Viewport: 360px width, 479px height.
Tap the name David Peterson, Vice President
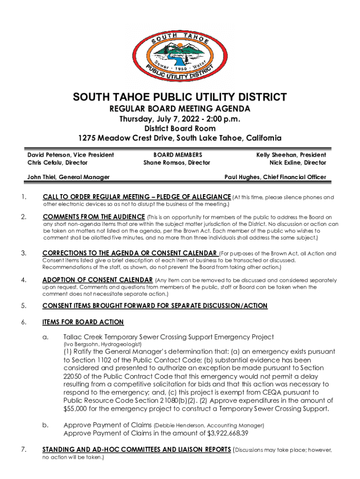(71, 154)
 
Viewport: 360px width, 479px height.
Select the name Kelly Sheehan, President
(291, 154)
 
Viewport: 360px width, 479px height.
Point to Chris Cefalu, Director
(57, 163)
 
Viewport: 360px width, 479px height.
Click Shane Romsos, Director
(177, 163)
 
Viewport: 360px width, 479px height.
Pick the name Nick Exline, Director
(297, 163)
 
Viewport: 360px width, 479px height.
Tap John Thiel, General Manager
(68, 177)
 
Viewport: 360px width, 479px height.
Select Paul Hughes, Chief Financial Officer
(275, 177)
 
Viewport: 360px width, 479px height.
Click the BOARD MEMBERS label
(178, 154)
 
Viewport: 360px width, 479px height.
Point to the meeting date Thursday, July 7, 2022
(159, 119)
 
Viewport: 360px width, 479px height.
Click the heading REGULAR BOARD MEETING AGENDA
(180, 109)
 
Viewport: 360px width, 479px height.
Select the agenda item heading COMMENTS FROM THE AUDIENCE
(94, 217)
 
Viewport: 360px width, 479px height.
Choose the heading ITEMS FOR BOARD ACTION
(83, 322)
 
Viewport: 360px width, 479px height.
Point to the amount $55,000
(75, 409)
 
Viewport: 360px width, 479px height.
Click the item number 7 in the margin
(23, 450)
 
